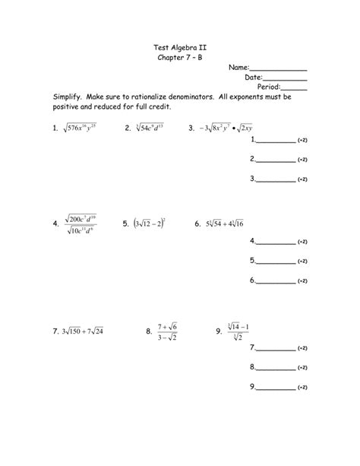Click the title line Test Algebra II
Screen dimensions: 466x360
point(179,47)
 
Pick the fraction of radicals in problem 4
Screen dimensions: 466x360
point(90,224)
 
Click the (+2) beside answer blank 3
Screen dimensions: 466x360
point(302,179)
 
